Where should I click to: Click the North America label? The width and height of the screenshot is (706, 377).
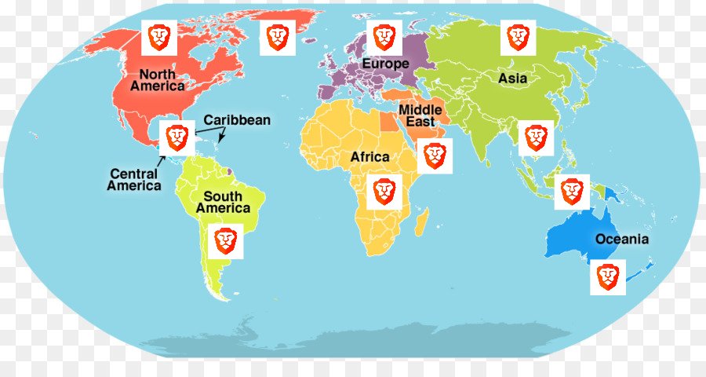click(x=158, y=79)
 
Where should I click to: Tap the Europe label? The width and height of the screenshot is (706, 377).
click(x=385, y=63)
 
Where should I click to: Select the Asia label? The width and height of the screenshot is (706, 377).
click(x=513, y=79)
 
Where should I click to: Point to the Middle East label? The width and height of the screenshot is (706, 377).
click(x=420, y=115)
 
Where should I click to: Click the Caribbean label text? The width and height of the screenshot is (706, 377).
click(x=237, y=120)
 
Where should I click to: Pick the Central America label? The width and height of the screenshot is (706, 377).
click(x=134, y=180)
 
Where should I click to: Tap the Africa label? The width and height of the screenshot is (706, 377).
click(x=369, y=157)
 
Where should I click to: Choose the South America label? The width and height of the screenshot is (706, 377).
click(x=224, y=202)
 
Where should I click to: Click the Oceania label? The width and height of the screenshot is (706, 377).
click(x=622, y=239)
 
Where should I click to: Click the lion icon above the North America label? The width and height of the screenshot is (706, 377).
click(x=159, y=37)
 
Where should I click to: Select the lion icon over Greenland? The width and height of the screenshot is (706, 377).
click(x=278, y=37)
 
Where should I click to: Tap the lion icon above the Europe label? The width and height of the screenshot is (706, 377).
click(x=384, y=37)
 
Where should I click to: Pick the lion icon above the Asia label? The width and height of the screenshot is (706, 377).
click(x=518, y=37)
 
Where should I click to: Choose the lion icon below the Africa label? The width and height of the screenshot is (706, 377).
click(x=384, y=192)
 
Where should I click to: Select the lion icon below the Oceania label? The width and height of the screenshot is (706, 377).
click(x=608, y=277)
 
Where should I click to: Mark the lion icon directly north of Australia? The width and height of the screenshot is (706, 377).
click(x=572, y=191)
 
